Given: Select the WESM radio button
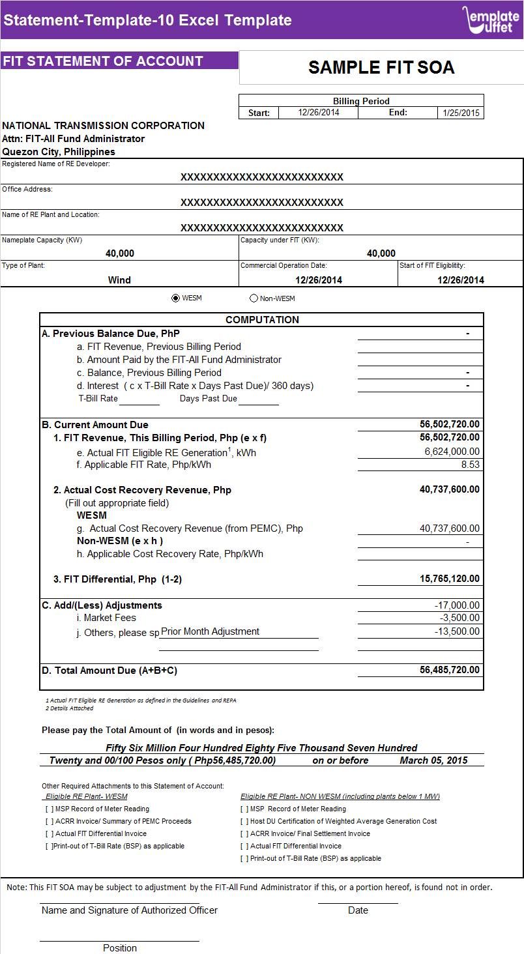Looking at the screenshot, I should tap(175, 298).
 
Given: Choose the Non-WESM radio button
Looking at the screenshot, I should tap(254, 298).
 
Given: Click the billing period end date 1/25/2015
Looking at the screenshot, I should tap(461, 113).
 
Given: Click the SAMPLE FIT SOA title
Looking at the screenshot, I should tap(381, 68).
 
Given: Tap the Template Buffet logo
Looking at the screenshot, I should tap(491, 20).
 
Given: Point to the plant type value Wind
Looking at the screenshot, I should tap(119, 280).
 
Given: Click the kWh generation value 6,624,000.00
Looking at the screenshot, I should tap(452, 452).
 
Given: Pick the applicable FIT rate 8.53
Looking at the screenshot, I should tap(469, 465).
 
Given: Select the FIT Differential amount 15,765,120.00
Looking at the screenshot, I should tap(449, 579).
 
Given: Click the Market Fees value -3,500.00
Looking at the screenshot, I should tap(459, 618).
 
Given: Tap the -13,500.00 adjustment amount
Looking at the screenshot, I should tap(457, 631).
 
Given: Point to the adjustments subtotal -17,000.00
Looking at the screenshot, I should tap(457, 605).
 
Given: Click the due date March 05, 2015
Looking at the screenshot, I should tap(433, 760).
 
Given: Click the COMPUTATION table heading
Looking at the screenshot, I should tap(262, 320).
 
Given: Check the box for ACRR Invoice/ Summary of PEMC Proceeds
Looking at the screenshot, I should tap(50, 821).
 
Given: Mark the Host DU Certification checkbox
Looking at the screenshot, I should tap(244, 821).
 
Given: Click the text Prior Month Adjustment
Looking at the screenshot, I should tap(210, 631).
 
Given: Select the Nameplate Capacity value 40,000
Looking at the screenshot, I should tap(120, 253).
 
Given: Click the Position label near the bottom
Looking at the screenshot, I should tap(120, 948).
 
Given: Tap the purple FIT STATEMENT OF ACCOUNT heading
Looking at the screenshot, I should tap(103, 61).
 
